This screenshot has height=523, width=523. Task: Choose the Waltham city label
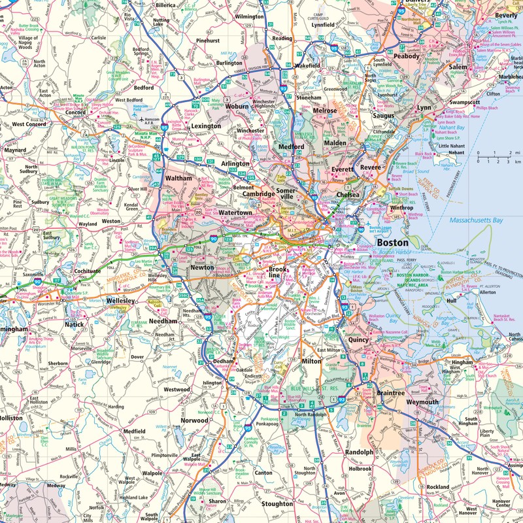[178, 178]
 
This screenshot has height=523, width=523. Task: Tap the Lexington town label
[206, 126]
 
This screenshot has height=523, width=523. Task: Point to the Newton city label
[201, 268]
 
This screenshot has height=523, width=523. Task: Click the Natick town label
[75, 324]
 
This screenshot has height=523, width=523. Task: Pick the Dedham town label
[223, 361]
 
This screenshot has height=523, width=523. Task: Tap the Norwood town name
[194, 420]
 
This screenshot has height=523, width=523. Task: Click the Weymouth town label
[422, 401]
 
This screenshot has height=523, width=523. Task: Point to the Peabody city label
[406, 56]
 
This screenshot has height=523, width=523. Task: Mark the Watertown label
[235, 213]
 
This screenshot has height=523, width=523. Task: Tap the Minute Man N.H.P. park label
[142, 133]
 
